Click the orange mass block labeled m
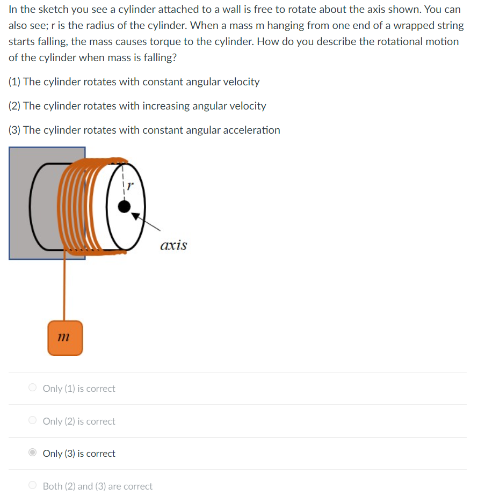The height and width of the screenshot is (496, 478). click(65, 338)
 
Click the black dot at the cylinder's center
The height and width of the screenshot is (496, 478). click(124, 207)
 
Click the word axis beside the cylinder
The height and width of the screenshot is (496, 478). click(173, 246)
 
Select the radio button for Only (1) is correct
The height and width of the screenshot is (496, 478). click(33, 388)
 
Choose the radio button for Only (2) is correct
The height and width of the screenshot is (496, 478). click(33, 421)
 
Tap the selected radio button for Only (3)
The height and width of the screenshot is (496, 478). click(33, 453)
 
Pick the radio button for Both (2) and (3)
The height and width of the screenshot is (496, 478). click(33, 486)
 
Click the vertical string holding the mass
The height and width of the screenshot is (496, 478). click(64, 290)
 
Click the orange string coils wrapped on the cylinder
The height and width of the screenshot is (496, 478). click(81, 204)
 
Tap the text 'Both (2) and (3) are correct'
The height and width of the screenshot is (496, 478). click(97, 486)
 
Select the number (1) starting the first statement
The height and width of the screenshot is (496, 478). click(15, 82)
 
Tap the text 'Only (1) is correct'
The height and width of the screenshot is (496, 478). click(79, 389)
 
